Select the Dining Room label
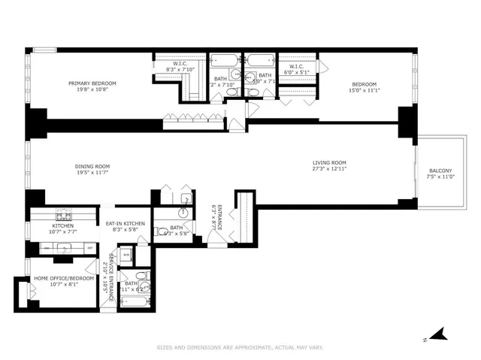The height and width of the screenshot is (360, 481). pos(92,166)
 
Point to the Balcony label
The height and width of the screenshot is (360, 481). pos(440,170)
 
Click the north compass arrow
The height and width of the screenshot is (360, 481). pos(440,333)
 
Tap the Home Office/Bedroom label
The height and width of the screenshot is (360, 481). pos(65,278)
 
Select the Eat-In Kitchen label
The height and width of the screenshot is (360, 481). pos(125,223)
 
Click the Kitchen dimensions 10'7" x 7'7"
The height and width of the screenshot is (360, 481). pos(63,231)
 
